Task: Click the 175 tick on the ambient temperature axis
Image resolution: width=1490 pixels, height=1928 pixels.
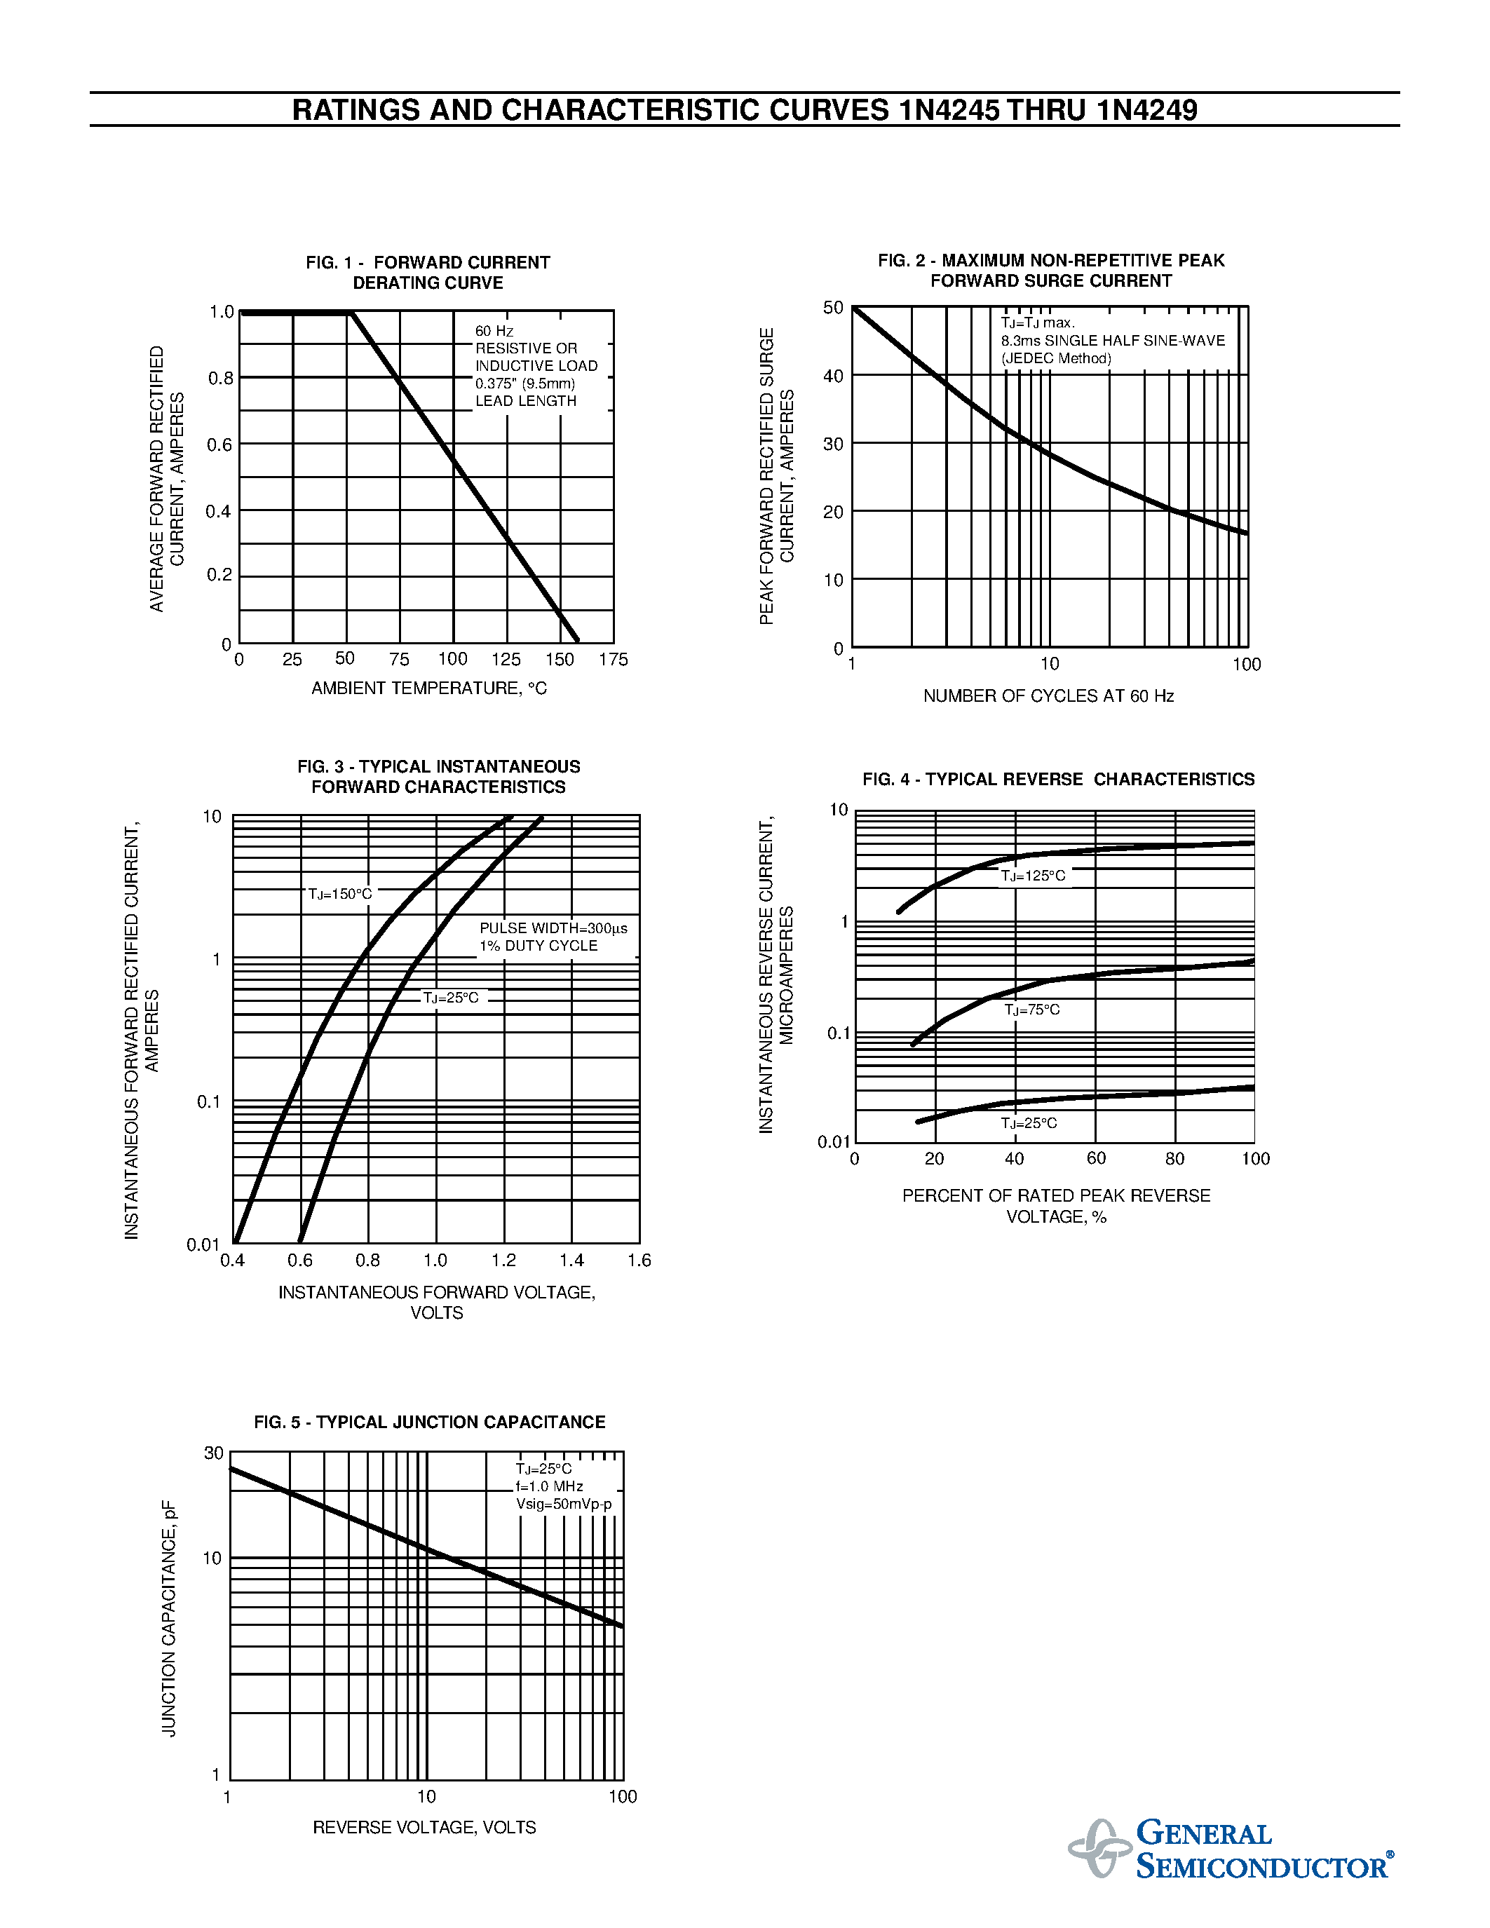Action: pos(614,660)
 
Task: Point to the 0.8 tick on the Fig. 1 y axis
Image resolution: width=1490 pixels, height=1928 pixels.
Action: pos(221,379)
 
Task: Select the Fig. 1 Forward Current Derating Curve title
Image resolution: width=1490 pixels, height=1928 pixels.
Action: pos(428,273)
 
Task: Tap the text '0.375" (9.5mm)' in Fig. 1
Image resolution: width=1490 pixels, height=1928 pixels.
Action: pos(525,383)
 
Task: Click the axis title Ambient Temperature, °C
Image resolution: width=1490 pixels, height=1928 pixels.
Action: pos(429,688)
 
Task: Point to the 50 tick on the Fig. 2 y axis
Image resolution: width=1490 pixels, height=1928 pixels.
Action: pos(833,308)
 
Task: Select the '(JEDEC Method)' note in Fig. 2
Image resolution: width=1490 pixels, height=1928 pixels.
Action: pos(1056,358)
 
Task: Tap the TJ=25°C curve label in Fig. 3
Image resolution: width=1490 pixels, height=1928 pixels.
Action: pos(451,998)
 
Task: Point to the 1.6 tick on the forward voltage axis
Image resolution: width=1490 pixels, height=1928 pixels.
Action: pos(639,1261)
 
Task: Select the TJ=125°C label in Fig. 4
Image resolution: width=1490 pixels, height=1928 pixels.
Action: pos(1033,876)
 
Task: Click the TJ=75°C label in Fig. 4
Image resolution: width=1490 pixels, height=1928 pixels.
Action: pos(1032,1009)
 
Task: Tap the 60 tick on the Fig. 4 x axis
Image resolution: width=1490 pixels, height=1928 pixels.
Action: pos(1095,1158)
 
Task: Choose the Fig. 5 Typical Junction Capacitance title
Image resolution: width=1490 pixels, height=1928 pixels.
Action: pos(429,1423)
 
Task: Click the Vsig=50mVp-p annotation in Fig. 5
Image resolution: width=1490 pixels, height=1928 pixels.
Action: pos(563,1505)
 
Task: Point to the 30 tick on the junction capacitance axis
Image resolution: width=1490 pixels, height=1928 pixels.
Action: pos(214,1453)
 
